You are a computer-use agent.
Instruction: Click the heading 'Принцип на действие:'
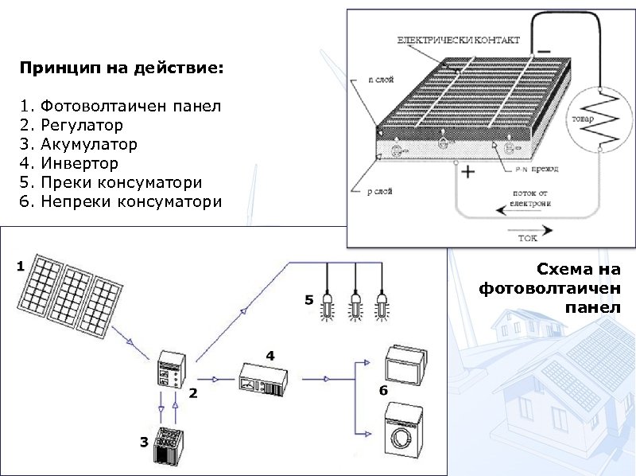122,69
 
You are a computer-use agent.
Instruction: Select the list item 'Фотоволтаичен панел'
130,106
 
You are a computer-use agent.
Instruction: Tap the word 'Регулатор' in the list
82,125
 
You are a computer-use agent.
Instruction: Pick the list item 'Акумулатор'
88,145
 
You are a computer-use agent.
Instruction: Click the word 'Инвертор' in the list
79,164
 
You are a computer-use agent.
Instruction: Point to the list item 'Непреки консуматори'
130,202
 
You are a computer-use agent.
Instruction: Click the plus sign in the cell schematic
468,173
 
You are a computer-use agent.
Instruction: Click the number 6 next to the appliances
383,392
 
